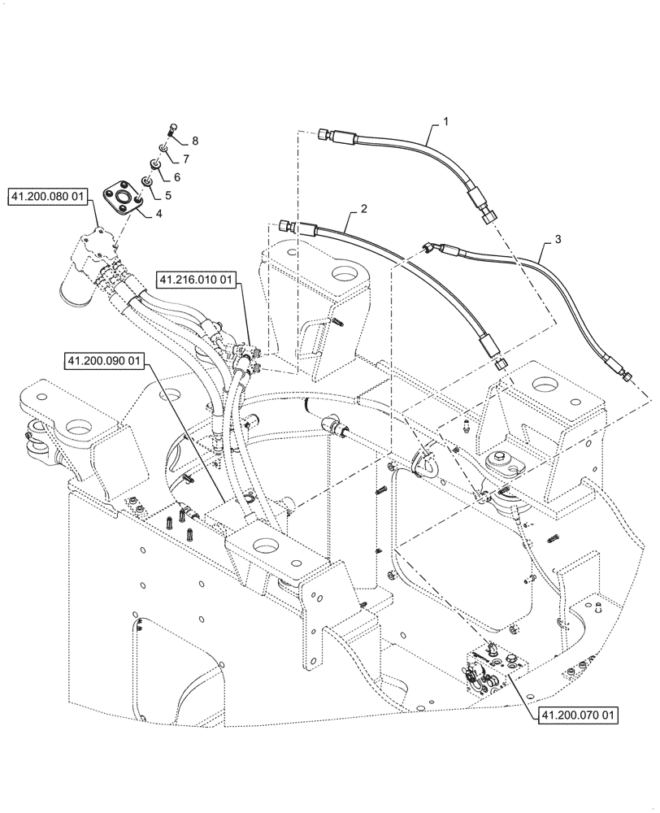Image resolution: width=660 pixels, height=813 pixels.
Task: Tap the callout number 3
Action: pos(556,239)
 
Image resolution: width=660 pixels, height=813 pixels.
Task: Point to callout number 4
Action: pos(157,213)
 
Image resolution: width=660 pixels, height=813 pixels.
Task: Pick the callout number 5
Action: pos(168,196)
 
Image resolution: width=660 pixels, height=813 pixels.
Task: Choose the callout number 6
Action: pos(176,176)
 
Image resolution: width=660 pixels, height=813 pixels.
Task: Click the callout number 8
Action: pos(194,141)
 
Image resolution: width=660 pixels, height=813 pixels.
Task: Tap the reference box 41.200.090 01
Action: pos(103,359)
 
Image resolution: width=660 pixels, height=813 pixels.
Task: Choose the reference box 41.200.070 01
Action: pos(576,715)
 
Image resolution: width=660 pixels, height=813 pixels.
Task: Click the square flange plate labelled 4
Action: pos(124,201)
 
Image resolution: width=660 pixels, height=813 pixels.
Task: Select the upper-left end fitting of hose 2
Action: pos(284,226)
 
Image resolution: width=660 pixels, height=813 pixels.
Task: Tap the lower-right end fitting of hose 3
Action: pos(627,374)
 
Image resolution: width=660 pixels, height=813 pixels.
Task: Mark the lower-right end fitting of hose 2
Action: pos(499,363)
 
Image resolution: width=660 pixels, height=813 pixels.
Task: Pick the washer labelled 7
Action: pos(163,148)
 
